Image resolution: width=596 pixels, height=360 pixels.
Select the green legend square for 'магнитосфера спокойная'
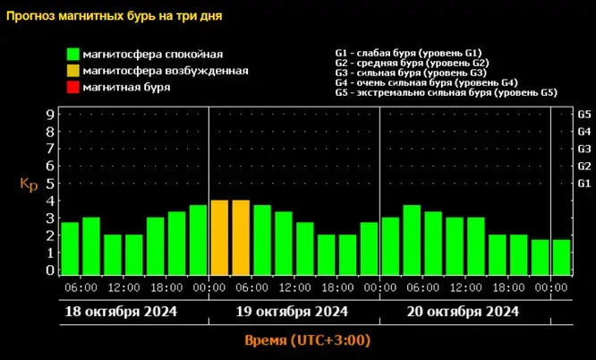[71, 55]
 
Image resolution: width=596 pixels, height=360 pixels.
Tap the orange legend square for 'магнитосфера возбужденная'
[71, 71]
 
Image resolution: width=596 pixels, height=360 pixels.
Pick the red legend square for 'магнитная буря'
[71, 87]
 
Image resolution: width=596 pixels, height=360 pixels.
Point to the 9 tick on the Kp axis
[50, 114]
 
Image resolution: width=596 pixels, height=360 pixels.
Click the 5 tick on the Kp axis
[50, 183]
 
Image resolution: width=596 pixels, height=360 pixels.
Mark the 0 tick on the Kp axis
[50, 270]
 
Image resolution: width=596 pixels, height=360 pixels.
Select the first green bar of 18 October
[70, 248]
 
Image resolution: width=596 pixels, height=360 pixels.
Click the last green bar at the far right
[561, 257]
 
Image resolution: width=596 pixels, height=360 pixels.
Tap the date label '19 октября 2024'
[293, 312]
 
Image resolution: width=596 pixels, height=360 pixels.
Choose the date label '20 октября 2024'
[464, 312]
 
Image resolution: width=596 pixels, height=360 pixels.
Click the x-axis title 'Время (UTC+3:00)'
[307, 341]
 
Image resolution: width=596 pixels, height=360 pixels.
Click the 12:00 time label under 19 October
[294, 287]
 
